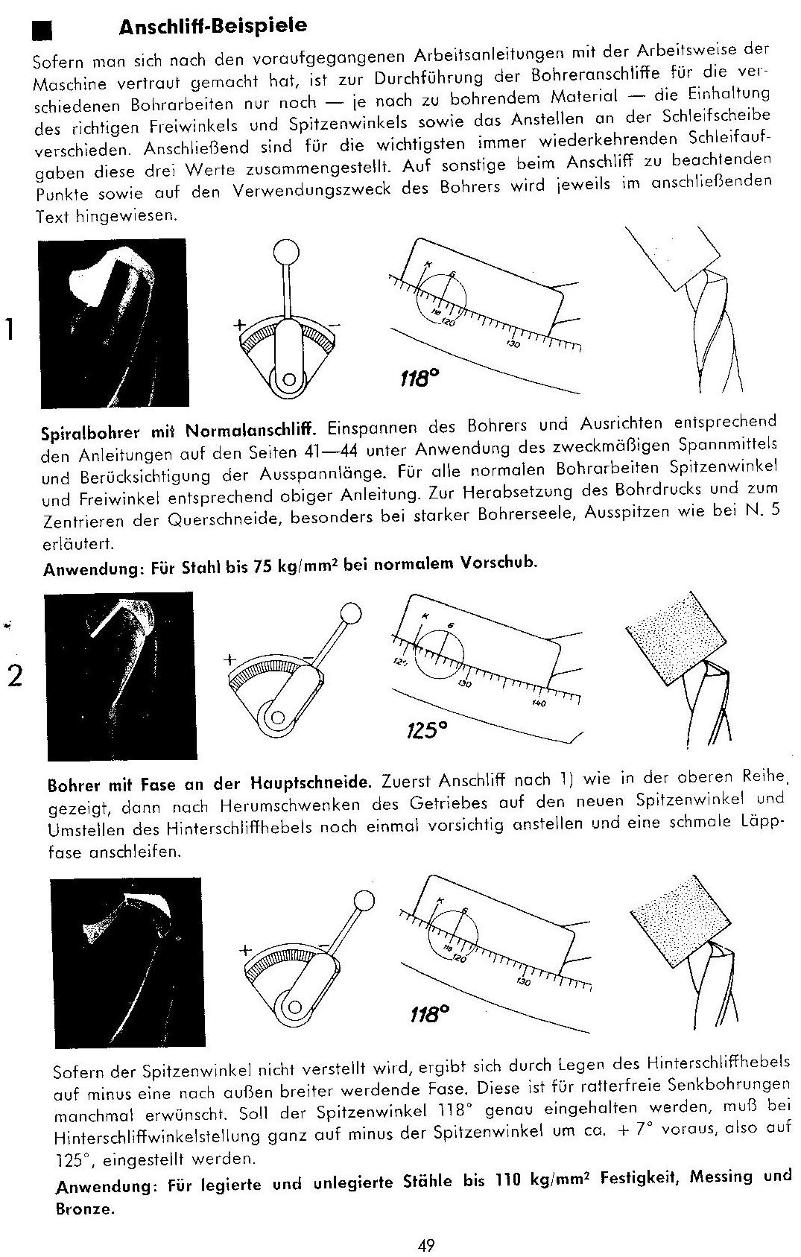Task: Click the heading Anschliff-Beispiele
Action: click(212, 27)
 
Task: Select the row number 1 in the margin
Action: click(10, 329)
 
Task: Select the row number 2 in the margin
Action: click(14, 676)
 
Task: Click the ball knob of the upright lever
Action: click(285, 251)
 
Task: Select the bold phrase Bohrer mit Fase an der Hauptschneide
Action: click(209, 784)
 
